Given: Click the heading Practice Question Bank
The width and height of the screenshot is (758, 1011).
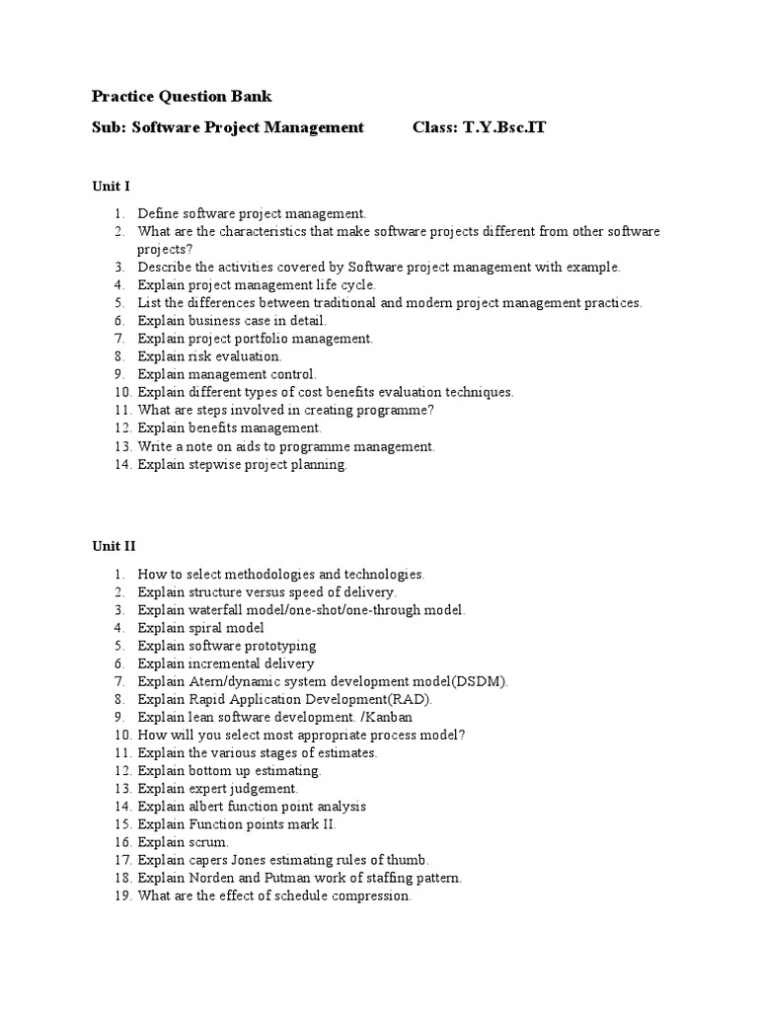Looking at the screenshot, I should coord(182,96).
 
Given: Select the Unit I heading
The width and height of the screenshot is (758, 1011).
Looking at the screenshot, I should coord(111,186).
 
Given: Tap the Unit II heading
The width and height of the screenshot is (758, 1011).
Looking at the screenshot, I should coord(114,546).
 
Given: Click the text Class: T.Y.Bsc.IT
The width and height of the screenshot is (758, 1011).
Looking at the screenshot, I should coord(479,127).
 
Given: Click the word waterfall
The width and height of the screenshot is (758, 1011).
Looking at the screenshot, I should coord(213,609).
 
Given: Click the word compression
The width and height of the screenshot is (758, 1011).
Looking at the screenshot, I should coord(371,896).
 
